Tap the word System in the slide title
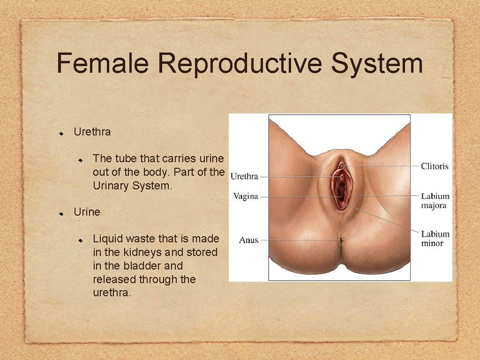tap(377, 64)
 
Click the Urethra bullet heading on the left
tap(92, 132)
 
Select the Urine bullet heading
tap(87, 212)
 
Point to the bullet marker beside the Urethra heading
tap(61, 133)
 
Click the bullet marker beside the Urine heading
tap(61, 213)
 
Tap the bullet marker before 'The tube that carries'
tap(81, 160)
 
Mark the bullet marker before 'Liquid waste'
tap(81, 240)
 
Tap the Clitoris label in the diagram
tap(435, 166)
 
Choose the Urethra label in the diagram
tap(244, 177)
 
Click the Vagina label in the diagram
tap(246, 196)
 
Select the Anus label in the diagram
tap(248, 240)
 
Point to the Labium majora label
tap(435, 201)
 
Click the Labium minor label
tap(435, 238)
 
